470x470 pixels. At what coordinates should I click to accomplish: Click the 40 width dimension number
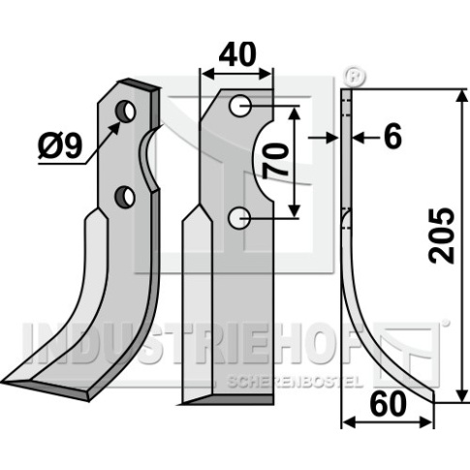(237, 54)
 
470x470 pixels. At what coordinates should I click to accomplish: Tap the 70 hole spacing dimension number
(275, 161)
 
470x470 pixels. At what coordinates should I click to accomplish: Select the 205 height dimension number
(442, 235)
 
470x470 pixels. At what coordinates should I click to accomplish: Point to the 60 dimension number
(388, 404)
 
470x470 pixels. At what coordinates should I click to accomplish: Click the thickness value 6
(393, 137)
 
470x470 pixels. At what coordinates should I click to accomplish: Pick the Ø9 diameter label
(60, 146)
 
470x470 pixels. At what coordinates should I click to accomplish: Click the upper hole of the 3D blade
(126, 110)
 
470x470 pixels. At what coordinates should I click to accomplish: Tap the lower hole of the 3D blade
(125, 196)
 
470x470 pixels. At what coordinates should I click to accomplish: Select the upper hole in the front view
(239, 106)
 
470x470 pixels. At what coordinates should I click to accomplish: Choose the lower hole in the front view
(238, 218)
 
